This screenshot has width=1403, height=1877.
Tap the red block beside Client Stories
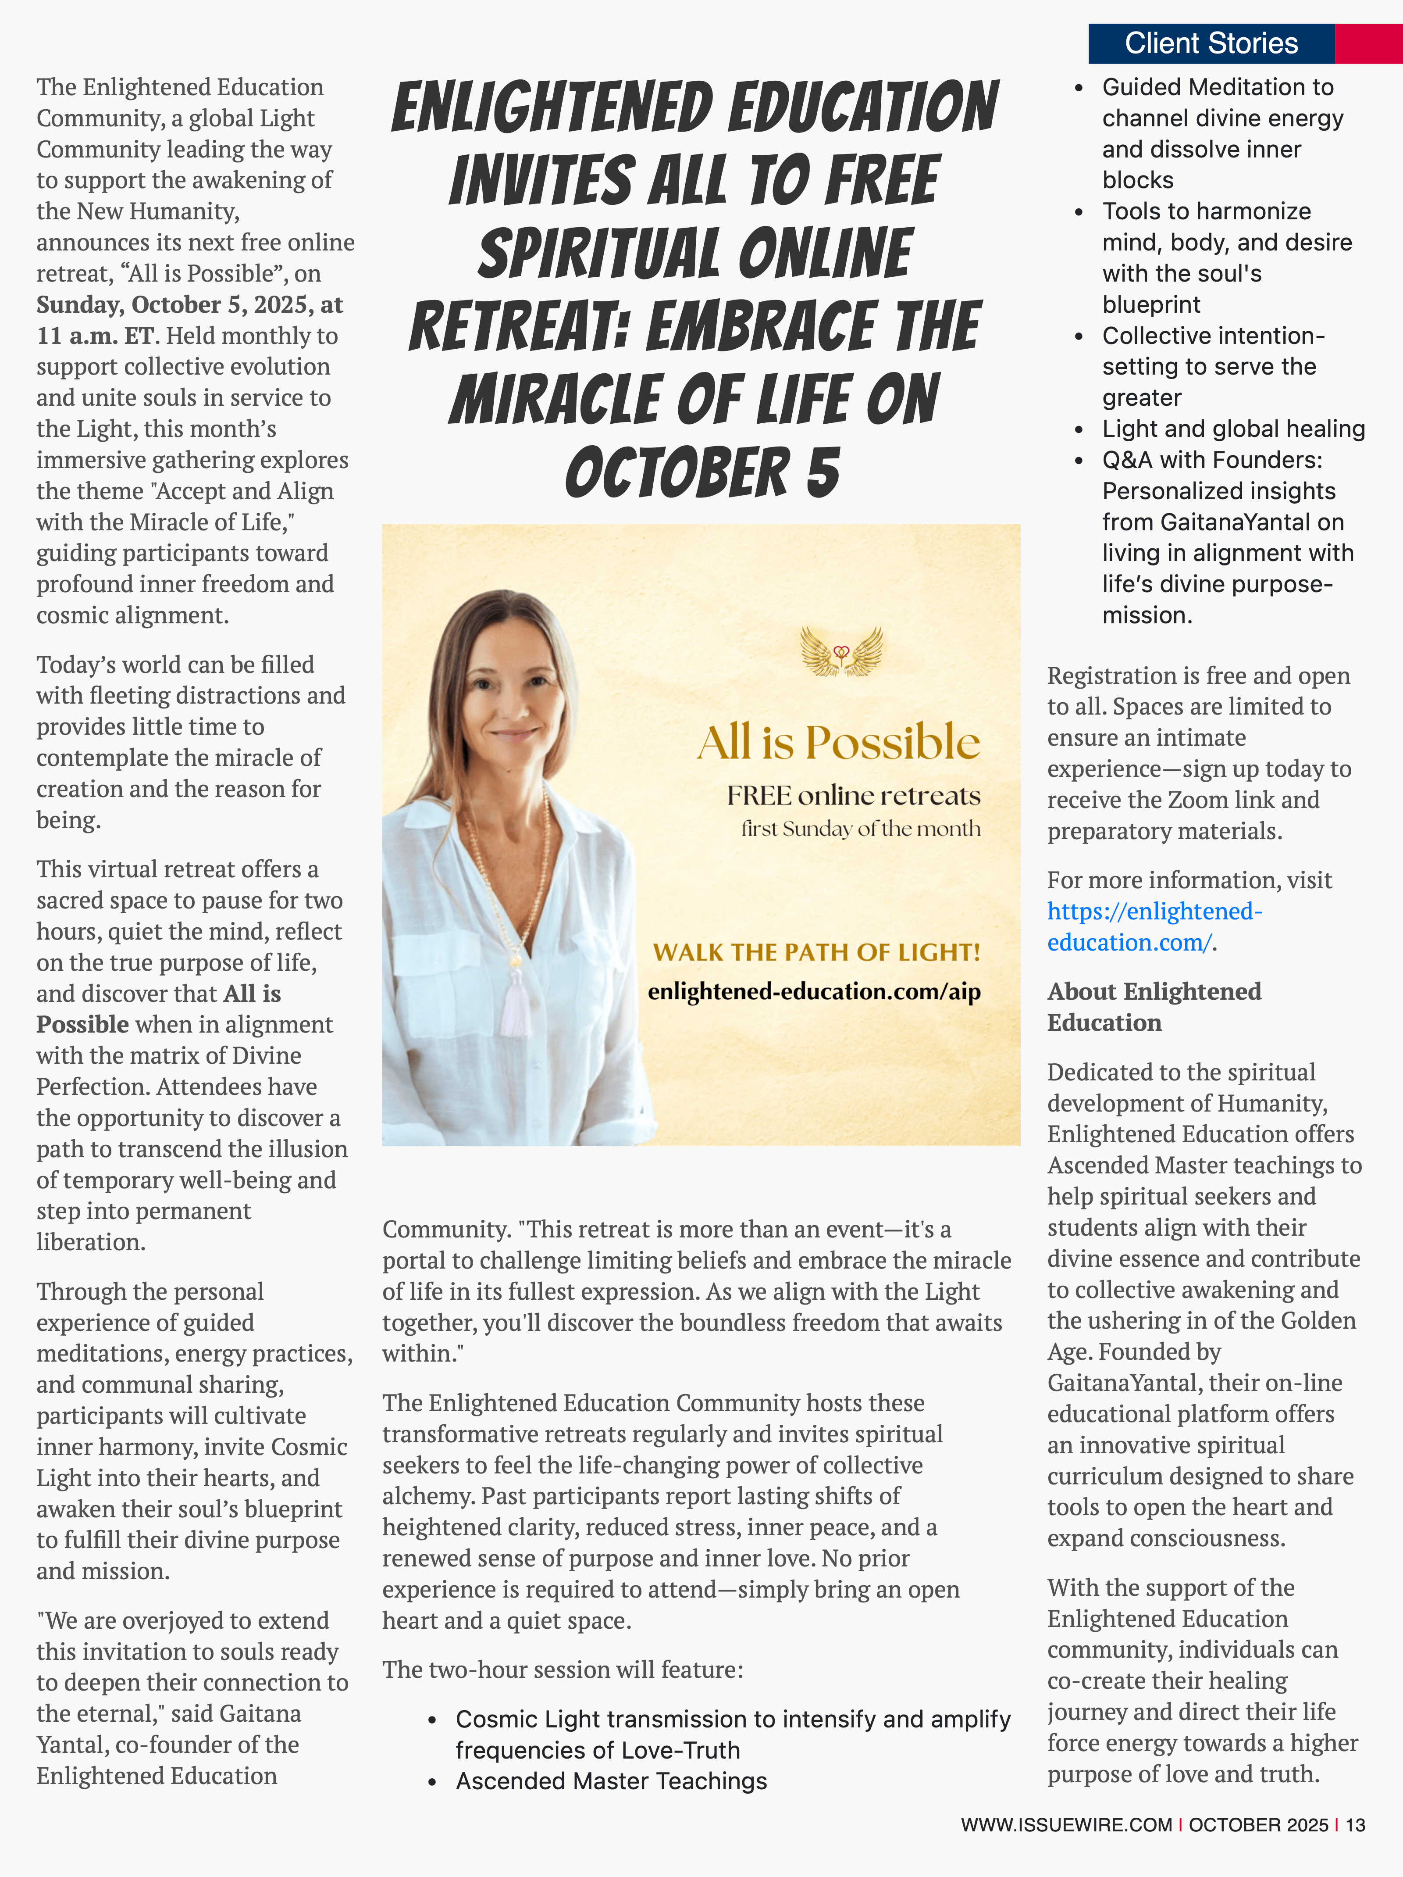click(x=1368, y=43)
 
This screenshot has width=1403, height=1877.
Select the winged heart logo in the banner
click(x=841, y=652)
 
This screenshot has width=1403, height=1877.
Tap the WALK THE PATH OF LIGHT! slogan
click(x=816, y=952)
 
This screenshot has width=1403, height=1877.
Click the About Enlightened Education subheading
click(x=1154, y=1006)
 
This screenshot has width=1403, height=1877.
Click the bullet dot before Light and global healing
click(x=1079, y=429)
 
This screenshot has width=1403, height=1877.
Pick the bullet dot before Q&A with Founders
click(x=1079, y=461)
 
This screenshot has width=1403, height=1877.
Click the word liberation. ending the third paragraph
click(x=91, y=1242)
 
